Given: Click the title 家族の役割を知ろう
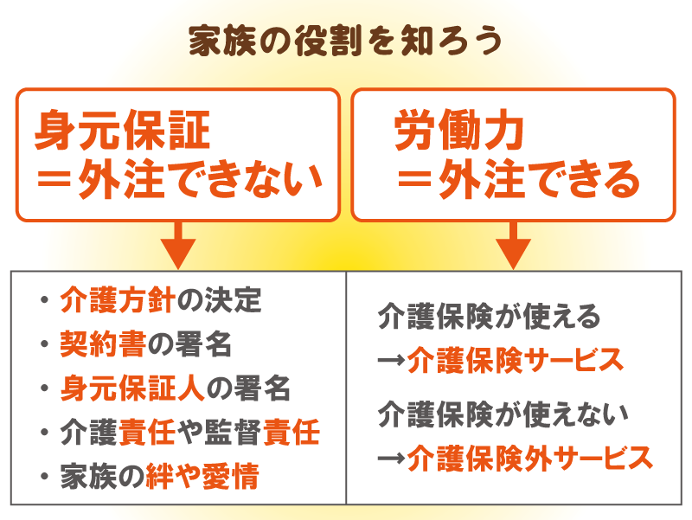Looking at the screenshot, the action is pyautogui.click(x=345, y=41).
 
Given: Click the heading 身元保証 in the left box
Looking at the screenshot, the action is pyautogui.click(x=122, y=131).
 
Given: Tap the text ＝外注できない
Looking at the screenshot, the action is pyautogui.click(x=179, y=179).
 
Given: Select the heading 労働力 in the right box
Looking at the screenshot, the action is pyautogui.click(x=459, y=130).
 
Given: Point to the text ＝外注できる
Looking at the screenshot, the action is pyautogui.click(x=518, y=179).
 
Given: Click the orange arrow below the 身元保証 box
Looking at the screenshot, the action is pyautogui.click(x=178, y=246).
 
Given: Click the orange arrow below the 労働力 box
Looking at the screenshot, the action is pyautogui.click(x=513, y=246).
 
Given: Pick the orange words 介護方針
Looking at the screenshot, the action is pyautogui.click(x=118, y=299).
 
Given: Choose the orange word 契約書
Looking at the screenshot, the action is pyautogui.click(x=103, y=343).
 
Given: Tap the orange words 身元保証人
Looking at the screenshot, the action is pyautogui.click(x=132, y=388).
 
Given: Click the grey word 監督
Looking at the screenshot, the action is pyautogui.click(x=233, y=432).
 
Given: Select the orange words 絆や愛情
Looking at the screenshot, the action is pyautogui.click(x=202, y=476).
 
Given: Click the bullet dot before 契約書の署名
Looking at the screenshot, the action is pyautogui.click(x=44, y=343).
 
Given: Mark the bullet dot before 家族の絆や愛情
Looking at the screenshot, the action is pyautogui.click(x=44, y=476).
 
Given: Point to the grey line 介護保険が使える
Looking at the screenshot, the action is pyautogui.click(x=489, y=317).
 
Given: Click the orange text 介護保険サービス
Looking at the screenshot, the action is pyautogui.click(x=515, y=361).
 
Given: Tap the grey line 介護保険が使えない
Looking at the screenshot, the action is pyautogui.click(x=503, y=414).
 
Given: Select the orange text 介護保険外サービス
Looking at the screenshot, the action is pyautogui.click(x=529, y=459).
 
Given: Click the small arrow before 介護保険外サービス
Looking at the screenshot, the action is pyautogui.click(x=392, y=459).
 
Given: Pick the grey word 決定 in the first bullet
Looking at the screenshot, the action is pyautogui.click(x=233, y=299).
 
